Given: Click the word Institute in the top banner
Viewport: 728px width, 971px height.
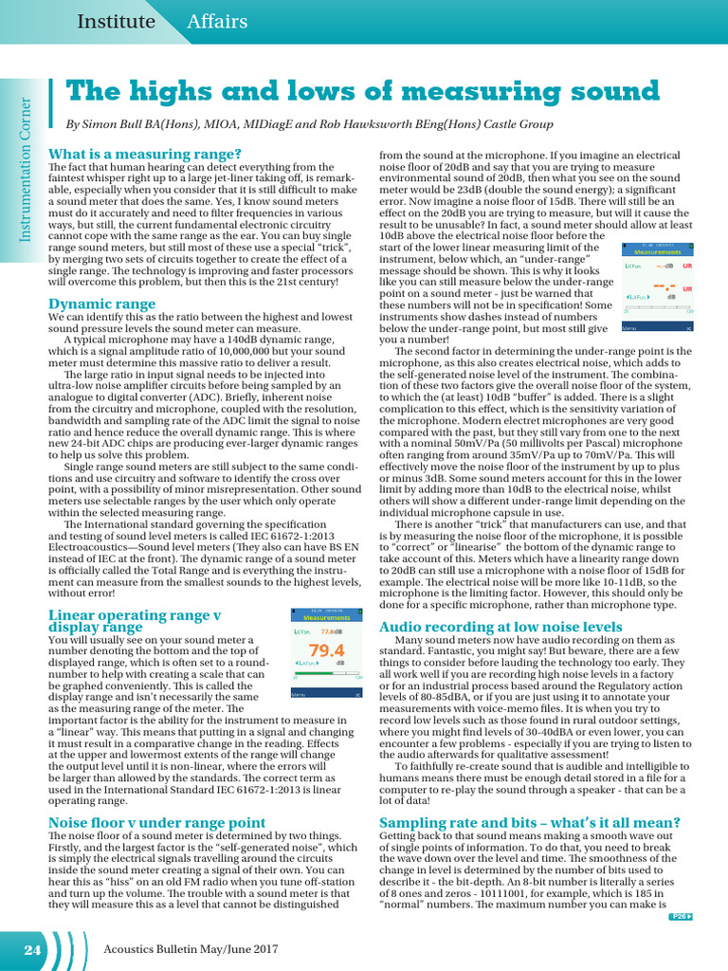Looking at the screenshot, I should [115, 21].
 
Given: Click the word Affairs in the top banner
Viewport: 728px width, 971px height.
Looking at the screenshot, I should [217, 21].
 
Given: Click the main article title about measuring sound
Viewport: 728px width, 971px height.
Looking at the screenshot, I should [361, 91].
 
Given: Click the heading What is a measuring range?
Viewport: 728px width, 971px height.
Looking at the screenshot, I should [144, 154].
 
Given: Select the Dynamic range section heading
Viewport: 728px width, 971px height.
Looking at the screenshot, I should [101, 303].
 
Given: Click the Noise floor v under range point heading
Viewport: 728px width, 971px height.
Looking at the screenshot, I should [156, 822].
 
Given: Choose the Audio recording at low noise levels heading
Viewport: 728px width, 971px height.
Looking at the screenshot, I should [500, 627].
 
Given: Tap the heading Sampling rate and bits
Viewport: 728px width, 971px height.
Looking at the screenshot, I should [529, 821].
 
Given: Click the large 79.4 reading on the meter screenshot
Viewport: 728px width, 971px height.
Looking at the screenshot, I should [327, 650].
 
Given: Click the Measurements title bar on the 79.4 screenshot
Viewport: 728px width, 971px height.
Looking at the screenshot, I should [327, 616].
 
